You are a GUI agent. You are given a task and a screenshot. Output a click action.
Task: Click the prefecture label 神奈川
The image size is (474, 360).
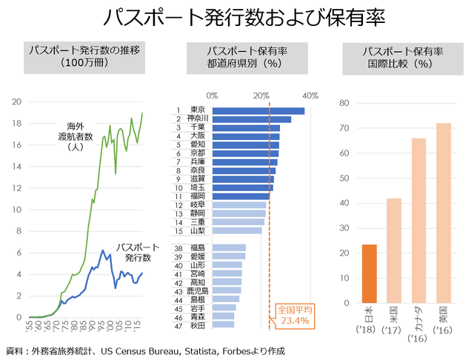(x=198, y=119)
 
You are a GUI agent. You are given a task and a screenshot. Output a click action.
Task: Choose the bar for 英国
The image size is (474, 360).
(x=443, y=213)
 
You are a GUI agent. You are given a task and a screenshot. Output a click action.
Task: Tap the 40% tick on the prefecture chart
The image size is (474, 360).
(x=310, y=96)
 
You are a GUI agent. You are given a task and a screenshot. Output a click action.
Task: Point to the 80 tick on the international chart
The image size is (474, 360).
(x=344, y=103)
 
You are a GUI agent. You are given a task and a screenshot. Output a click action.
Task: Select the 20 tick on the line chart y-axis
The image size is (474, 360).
(x=16, y=102)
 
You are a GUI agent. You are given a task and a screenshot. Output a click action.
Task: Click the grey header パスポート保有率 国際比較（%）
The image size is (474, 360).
(x=402, y=57)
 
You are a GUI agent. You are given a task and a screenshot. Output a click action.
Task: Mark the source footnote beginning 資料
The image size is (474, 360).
(x=145, y=350)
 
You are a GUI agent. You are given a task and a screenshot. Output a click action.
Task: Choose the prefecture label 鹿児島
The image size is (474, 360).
(x=198, y=291)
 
